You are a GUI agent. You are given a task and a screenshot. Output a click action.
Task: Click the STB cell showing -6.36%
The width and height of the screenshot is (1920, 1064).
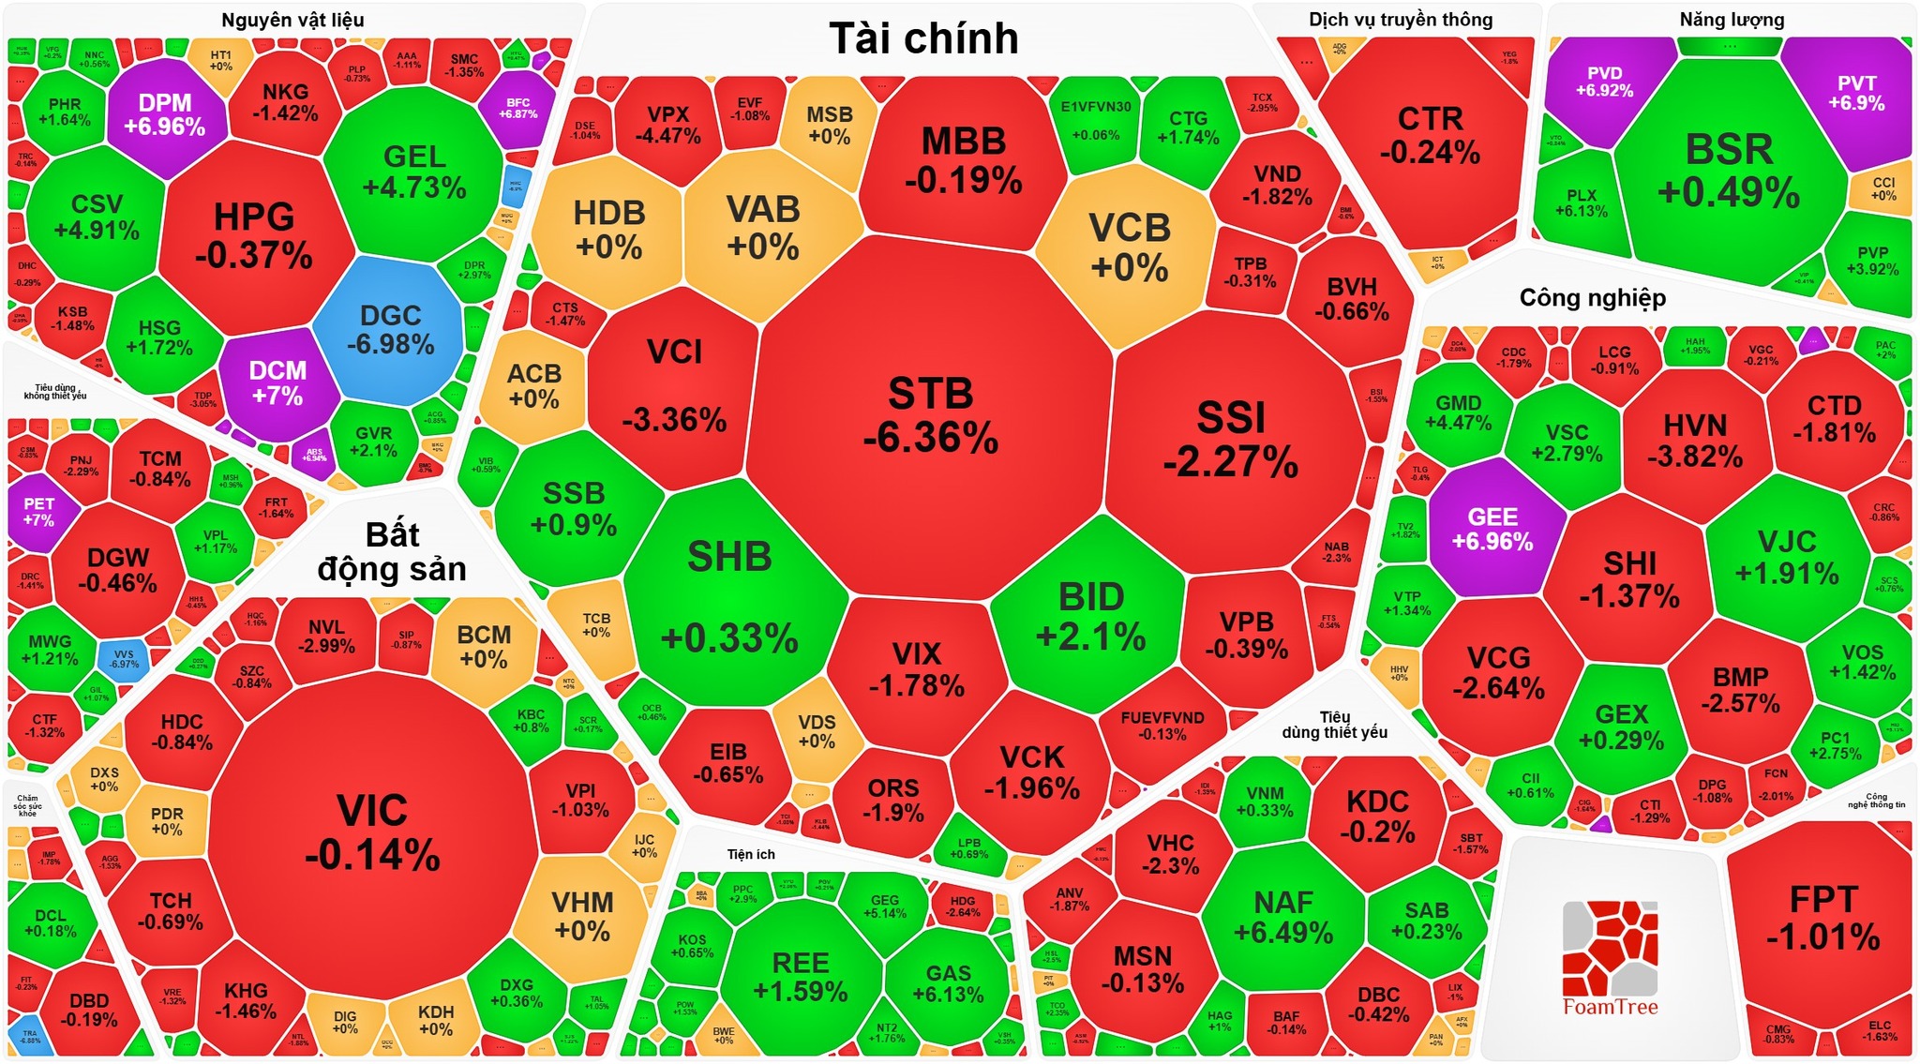coord(930,416)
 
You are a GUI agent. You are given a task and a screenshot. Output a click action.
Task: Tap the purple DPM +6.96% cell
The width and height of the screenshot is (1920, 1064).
coord(165,114)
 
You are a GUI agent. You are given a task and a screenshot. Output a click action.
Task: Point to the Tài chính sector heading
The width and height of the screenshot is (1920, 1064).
coord(923,39)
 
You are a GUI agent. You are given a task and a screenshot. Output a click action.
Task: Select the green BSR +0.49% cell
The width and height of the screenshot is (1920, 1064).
coord(1729,169)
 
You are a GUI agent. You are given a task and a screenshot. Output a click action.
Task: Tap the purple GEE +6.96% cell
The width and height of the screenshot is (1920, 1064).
coord(1492,529)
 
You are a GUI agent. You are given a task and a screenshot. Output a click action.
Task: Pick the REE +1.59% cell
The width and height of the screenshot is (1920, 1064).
coord(801,975)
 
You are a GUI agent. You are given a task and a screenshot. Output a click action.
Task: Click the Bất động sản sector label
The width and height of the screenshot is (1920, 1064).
coord(392,551)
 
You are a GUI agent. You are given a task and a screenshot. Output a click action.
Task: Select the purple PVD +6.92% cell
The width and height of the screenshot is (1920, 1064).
coord(1605,82)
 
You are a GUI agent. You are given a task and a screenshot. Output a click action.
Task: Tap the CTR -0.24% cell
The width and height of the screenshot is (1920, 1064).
coord(1430,135)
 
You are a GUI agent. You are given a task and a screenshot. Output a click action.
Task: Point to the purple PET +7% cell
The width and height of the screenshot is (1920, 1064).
coord(38,511)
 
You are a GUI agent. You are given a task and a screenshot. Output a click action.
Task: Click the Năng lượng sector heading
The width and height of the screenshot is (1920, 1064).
coord(1732,20)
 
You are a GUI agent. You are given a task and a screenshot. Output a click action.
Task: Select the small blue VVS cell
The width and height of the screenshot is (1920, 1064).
coord(124,659)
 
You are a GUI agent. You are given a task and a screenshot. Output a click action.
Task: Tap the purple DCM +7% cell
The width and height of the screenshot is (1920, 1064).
coord(277,382)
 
